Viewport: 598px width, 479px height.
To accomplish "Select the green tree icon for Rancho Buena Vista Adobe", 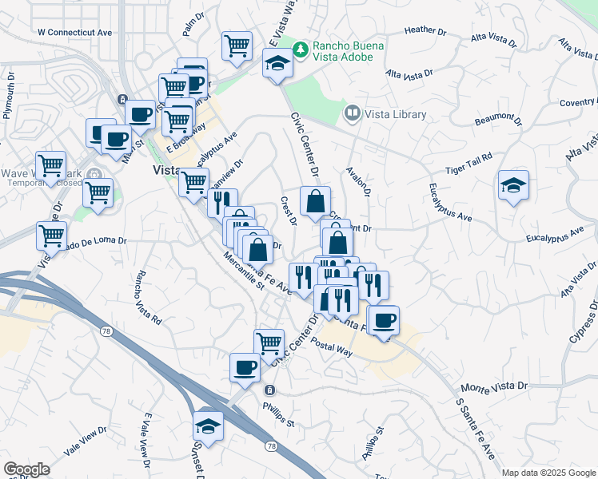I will click(x=301, y=49).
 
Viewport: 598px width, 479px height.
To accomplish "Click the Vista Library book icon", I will click(x=352, y=114).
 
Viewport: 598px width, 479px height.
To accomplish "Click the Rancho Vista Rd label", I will click(x=149, y=297).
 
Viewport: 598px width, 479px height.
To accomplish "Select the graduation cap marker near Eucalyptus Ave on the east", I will click(x=512, y=186).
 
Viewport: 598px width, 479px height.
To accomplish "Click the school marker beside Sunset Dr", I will click(x=208, y=426).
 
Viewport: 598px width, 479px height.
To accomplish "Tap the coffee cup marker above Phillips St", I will click(x=245, y=367).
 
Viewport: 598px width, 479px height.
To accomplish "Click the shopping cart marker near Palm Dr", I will click(x=237, y=47).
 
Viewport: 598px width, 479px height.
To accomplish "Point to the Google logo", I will click(x=27, y=469).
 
